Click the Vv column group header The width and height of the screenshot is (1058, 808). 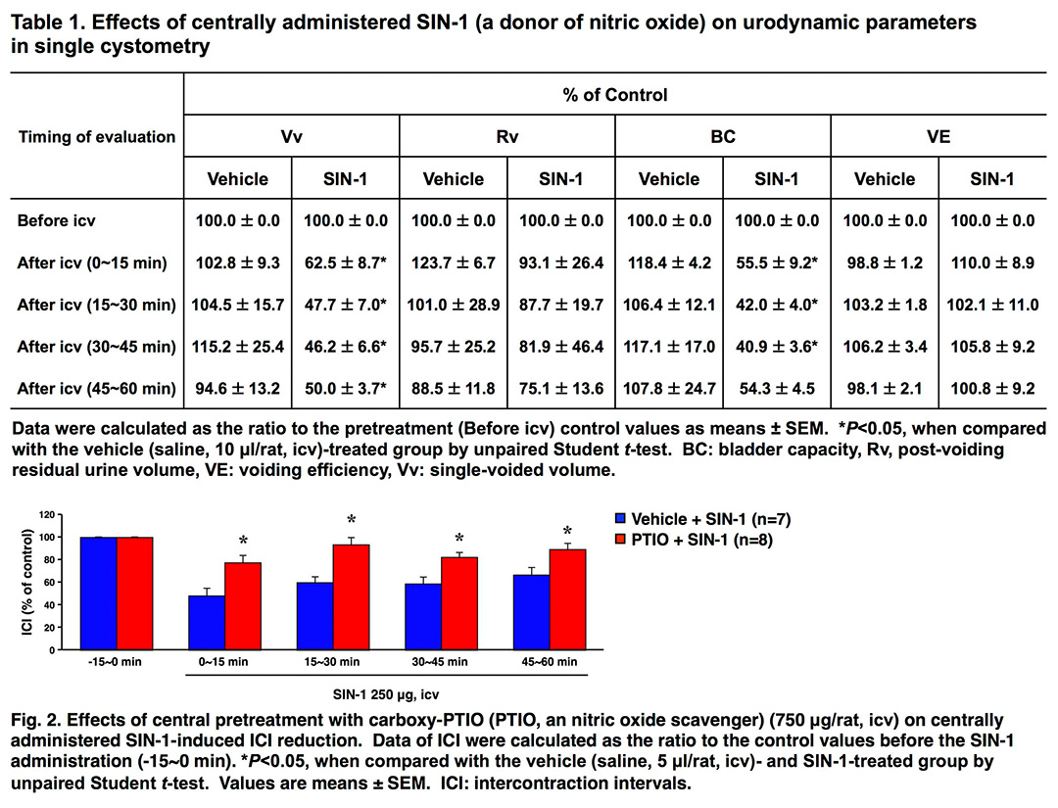coord(292,137)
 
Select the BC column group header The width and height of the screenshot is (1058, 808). coord(723,137)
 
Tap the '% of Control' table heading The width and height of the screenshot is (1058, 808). coord(615,95)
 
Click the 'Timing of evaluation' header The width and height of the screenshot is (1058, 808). coord(96,137)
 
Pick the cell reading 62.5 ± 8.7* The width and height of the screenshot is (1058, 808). coord(347,262)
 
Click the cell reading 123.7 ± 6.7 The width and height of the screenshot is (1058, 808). coord(454,262)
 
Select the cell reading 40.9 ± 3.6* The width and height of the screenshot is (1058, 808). coord(777,347)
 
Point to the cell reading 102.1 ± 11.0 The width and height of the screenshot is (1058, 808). coord(992,305)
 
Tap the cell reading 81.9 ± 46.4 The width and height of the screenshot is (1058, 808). coord(561,347)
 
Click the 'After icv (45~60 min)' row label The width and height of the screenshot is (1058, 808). coord(96,389)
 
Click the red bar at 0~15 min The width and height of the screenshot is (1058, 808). coord(242,606)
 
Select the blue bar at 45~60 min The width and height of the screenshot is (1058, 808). coord(531,613)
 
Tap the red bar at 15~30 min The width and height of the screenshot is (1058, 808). coord(351,597)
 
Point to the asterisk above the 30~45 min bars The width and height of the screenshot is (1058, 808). coord(458,539)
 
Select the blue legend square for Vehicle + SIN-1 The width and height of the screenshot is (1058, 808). coord(619,520)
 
